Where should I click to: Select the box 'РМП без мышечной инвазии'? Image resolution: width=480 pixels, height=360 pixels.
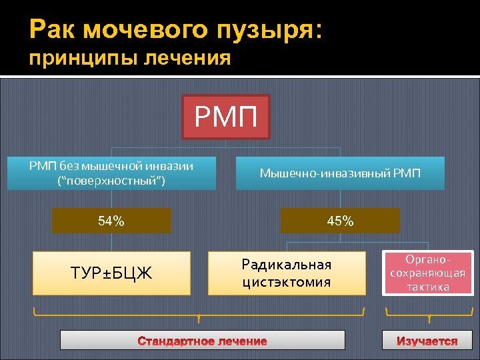[111, 173]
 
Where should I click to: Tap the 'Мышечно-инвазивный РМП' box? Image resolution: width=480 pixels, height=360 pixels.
[340, 173]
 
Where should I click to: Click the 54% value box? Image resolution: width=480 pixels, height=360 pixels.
[111, 221]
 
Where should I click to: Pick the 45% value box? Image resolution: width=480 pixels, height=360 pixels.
[340, 221]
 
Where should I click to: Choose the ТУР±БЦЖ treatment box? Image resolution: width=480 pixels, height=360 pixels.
[111, 273]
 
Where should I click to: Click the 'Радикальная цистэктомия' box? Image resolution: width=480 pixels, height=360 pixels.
[287, 273]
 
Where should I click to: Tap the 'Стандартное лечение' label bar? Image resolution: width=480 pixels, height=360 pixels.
[202, 341]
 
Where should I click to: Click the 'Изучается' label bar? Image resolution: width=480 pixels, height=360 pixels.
[427, 341]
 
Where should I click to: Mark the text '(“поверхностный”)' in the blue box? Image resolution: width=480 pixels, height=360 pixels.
[111, 181]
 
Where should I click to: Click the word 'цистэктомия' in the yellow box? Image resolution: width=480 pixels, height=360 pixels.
[287, 281]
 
